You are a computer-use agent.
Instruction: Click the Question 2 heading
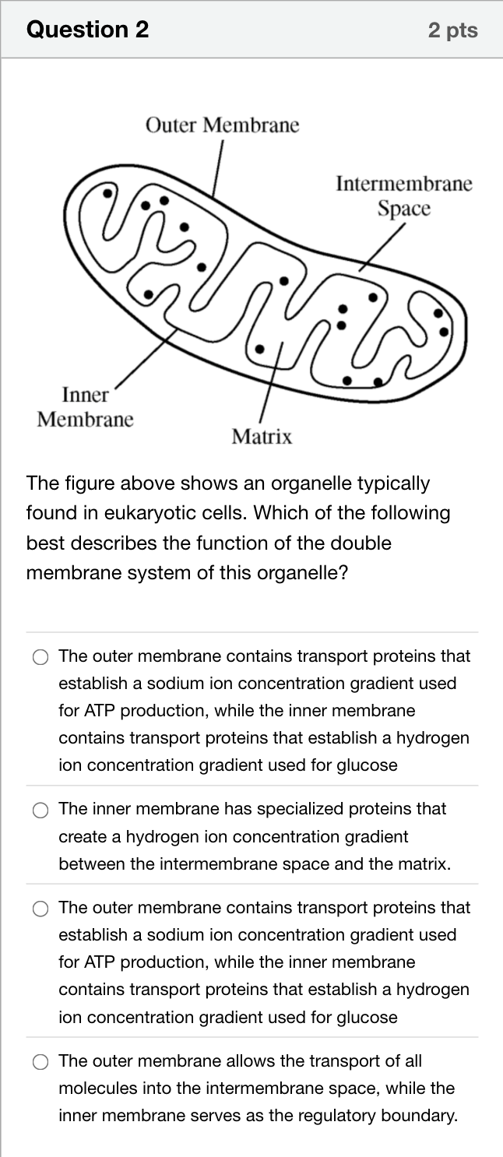(87, 30)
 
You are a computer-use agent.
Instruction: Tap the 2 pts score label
(452, 30)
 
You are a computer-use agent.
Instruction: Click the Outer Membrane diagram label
(222, 125)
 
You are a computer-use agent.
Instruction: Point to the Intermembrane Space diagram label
(404, 195)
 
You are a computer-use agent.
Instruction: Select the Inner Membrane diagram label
(85, 406)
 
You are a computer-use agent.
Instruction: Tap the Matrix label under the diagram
(262, 437)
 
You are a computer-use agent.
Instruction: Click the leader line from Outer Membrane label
(217, 169)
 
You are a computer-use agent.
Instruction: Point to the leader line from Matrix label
(271, 382)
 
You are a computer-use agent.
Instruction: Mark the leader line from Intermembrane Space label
(382, 247)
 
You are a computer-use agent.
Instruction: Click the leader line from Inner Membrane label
(146, 359)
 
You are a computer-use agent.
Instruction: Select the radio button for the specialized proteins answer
(40, 811)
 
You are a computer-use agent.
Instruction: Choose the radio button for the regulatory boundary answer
(40, 1063)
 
